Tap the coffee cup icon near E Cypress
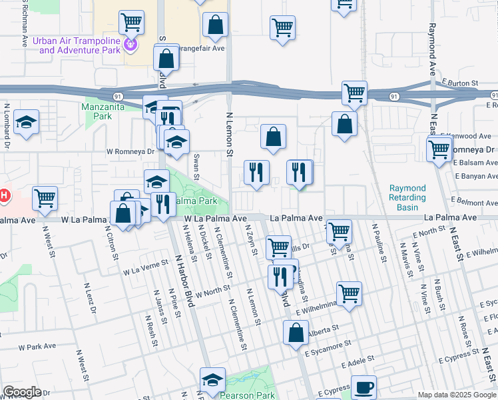364,387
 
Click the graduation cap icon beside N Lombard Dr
26,122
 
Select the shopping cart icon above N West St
45,197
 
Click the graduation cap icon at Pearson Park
212,380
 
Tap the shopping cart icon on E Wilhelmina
349,293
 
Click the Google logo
22,392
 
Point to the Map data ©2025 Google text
457,395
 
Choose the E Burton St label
461,83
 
